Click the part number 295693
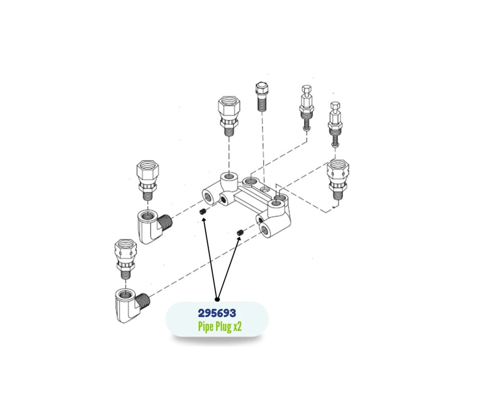pos(217,313)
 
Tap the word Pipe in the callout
pos(206,326)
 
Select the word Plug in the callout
pos(224,326)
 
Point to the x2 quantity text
pos(238,327)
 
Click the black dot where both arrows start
pos(217,299)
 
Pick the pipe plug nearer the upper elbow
pos(202,211)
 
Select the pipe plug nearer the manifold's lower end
pos(240,233)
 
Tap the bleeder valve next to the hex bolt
pos(306,108)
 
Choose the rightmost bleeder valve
pos(335,124)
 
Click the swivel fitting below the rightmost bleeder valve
pos(338,180)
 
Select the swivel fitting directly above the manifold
pos(229,116)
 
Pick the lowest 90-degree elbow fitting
pos(132,306)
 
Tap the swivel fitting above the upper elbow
pos(148,180)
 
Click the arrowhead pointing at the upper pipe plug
pos(203,219)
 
